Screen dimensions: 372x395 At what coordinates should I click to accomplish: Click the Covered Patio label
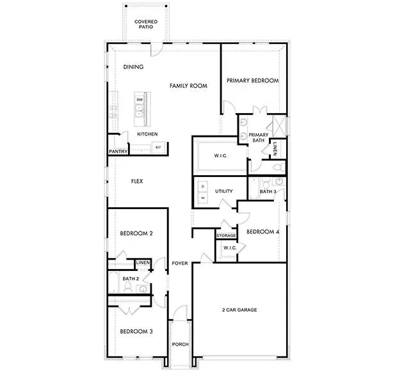coord(146,25)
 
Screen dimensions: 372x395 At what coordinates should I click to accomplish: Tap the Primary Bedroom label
coord(253,81)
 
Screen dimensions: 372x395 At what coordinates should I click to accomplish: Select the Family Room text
coord(188,85)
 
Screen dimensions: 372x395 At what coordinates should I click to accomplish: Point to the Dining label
coord(133,67)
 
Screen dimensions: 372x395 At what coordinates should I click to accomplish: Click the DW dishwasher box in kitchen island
coord(139,100)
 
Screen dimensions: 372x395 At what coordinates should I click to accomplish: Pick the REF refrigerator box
coord(157,148)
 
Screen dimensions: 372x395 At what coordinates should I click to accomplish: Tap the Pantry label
coord(118,151)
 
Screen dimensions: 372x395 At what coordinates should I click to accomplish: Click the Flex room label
coord(136,182)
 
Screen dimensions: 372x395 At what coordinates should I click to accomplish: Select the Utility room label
coord(223,191)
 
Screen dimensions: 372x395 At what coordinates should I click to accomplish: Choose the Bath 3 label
coord(268,191)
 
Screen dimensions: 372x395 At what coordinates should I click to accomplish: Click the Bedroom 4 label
coord(262,231)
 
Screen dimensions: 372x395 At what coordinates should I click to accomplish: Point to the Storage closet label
coord(226,236)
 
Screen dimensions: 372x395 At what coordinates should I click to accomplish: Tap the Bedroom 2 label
coord(136,234)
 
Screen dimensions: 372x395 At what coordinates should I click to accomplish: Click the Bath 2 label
coord(131,279)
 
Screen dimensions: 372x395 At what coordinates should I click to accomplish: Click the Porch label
coord(180,345)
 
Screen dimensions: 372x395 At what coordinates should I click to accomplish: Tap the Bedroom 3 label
coord(136,331)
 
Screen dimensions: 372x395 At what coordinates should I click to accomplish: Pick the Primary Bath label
coord(258,137)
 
